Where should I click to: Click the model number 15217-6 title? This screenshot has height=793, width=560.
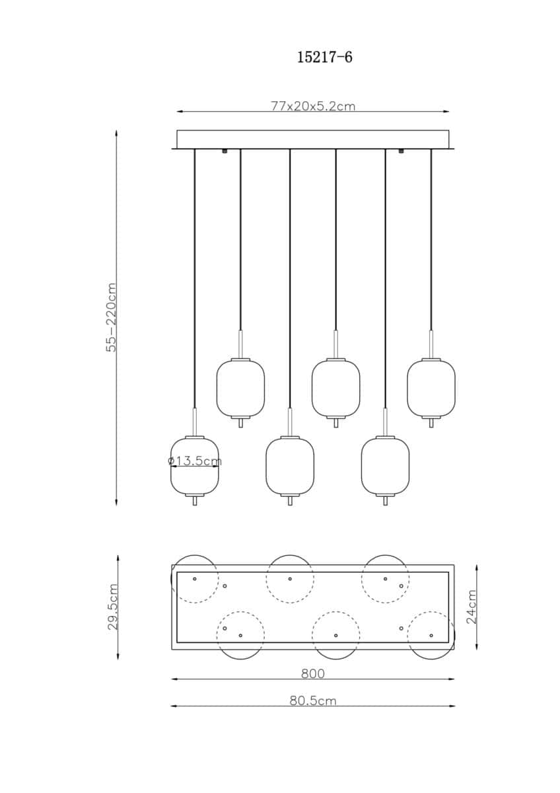[x=324, y=57]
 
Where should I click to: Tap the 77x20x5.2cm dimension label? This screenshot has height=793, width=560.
[x=313, y=106]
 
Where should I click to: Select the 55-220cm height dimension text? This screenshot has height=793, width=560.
[x=112, y=317]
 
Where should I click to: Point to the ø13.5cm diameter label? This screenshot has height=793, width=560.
[x=195, y=461]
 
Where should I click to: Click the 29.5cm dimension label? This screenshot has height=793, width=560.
[x=112, y=607]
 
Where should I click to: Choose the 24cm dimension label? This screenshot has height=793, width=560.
[x=472, y=606]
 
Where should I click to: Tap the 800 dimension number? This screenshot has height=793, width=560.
[x=313, y=673]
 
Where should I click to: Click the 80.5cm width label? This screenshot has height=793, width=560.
[x=313, y=700]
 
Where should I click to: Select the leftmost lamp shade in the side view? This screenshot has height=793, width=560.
[x=195, y=466]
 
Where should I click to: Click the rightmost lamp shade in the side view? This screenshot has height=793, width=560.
[x=431, y=389]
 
